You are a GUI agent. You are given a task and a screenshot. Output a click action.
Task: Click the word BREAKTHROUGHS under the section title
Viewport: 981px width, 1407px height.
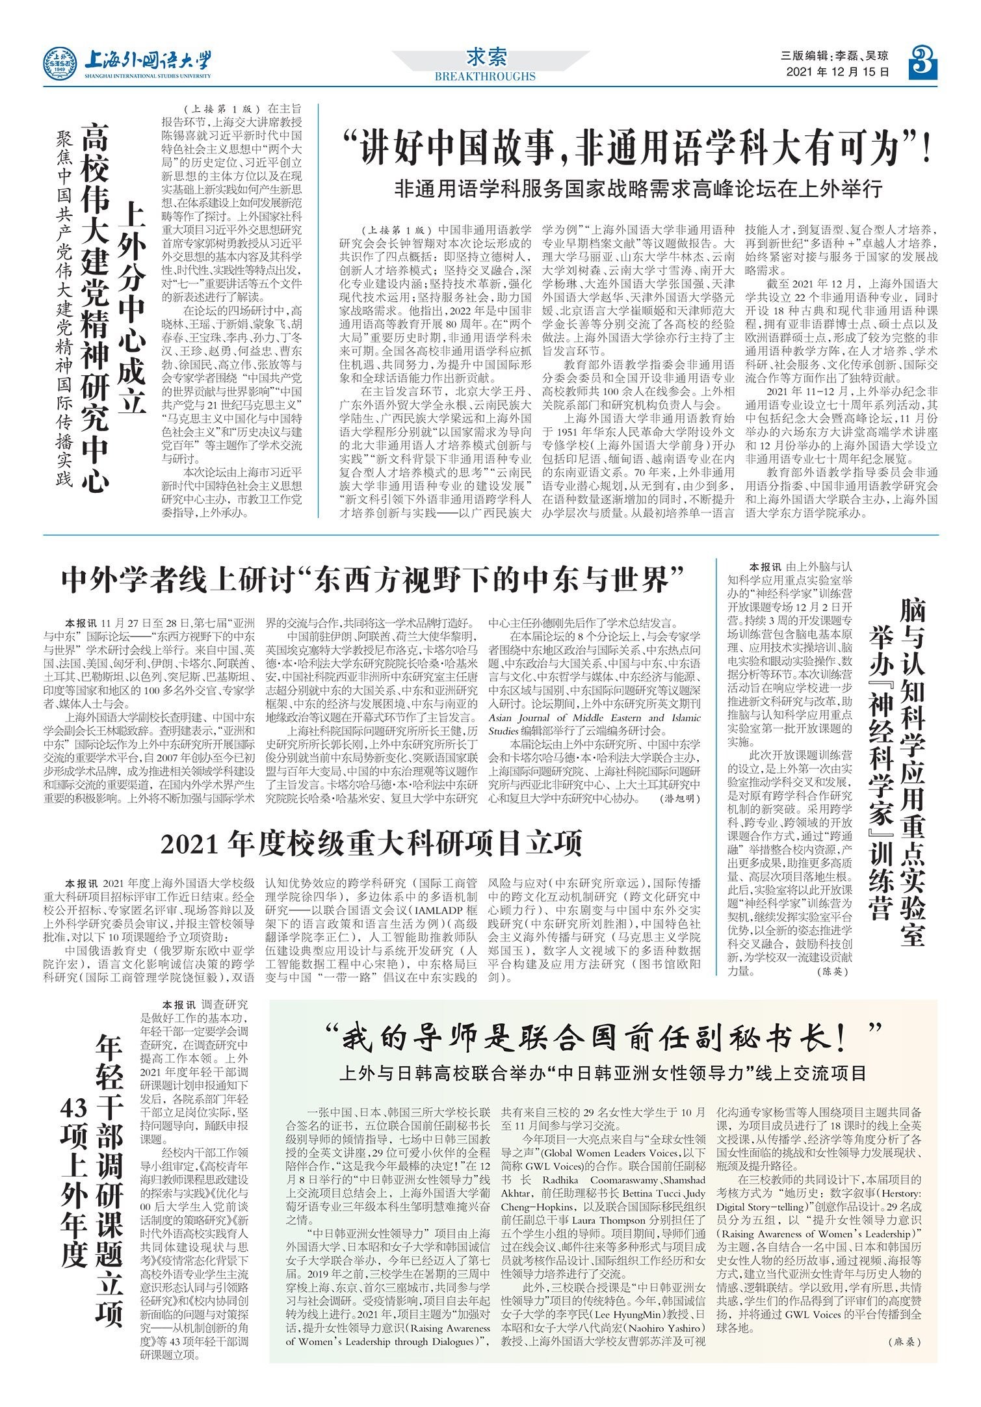pos(485,76)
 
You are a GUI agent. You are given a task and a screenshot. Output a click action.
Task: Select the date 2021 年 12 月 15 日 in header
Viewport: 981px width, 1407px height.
pos(837,72)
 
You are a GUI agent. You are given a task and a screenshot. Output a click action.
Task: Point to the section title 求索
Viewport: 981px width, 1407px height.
pos(487,58)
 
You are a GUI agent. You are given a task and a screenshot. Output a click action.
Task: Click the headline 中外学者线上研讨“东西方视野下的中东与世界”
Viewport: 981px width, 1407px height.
pos(374,579)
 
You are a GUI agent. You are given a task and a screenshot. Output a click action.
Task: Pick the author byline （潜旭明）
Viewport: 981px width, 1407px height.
pos(681,798)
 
